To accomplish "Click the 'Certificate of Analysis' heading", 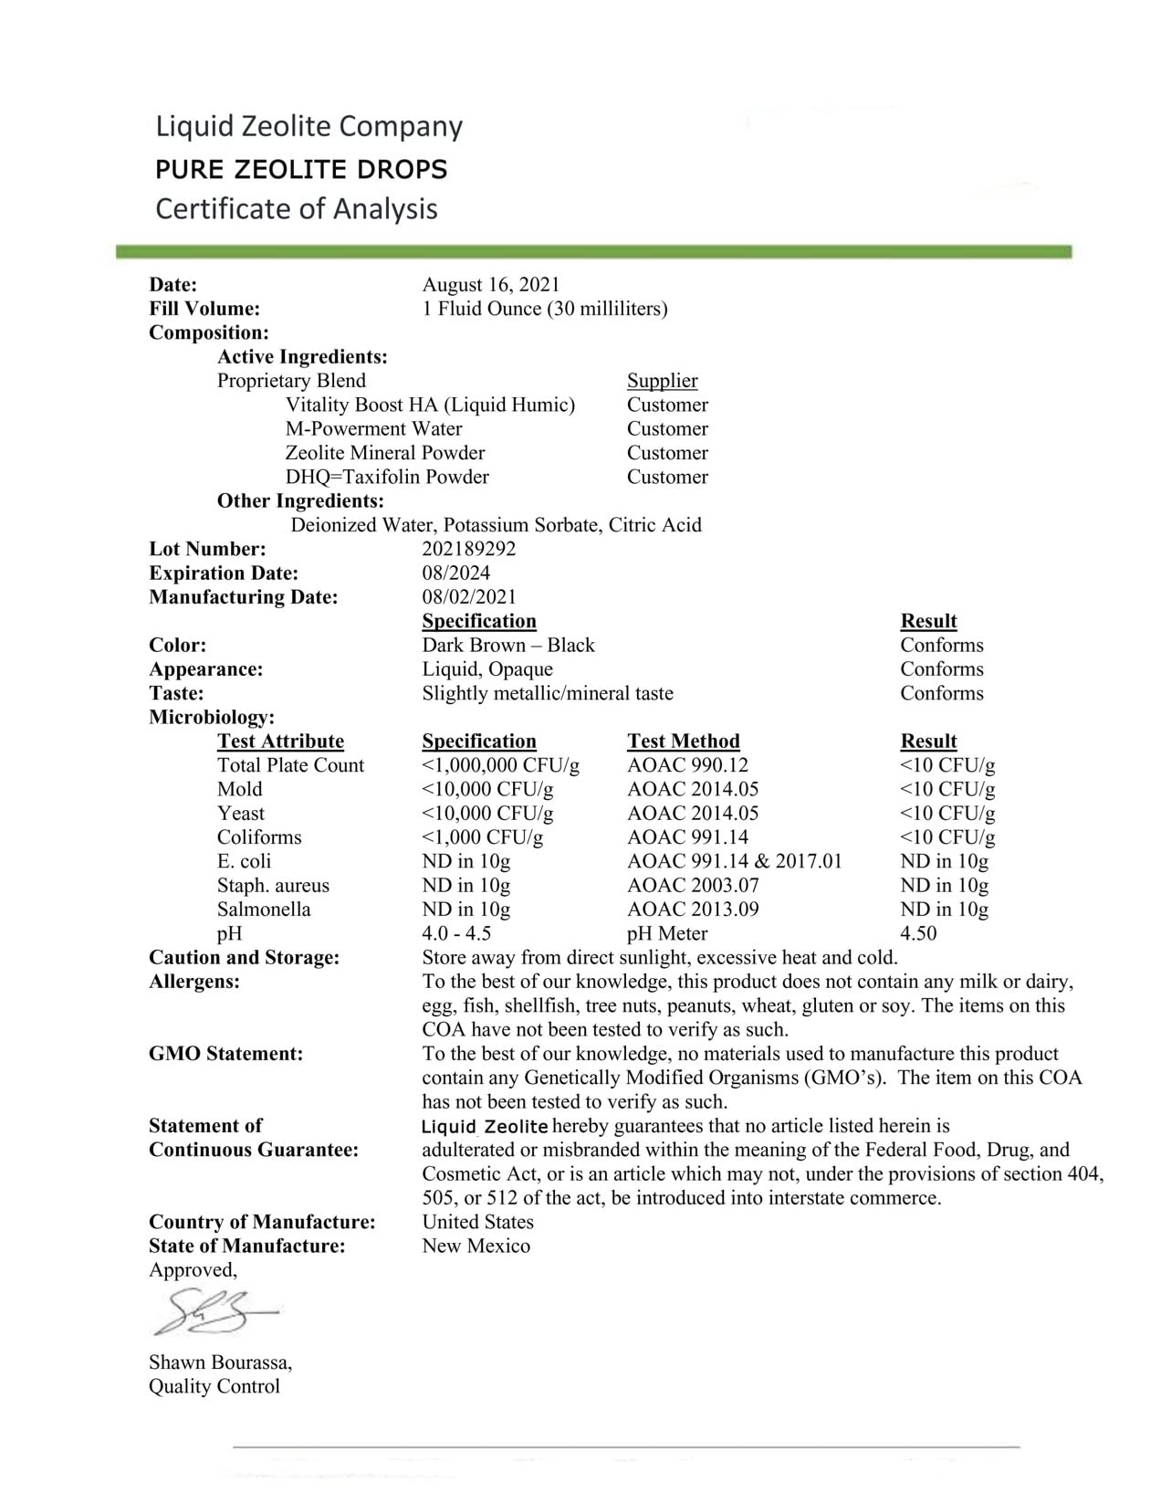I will pos(297,209).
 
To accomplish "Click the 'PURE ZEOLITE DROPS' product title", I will pos(301,170).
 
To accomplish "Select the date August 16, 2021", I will pos(490,285).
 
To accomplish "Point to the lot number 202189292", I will pos(468,549).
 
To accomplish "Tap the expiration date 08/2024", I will pos(455,573).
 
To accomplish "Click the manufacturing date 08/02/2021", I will pos(468,597).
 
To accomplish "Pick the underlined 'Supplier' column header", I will pos(662,381).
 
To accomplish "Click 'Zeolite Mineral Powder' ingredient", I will pos(384,453).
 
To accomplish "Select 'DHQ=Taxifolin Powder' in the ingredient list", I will pos(387,477).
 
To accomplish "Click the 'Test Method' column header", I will pos(683,741).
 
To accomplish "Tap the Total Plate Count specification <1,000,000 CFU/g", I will pos(500,765).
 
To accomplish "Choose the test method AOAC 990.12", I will pos(687,765).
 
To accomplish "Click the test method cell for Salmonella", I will pos(693,910).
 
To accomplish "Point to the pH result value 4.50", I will pos(917,933).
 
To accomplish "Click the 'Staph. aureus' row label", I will pos(273,886).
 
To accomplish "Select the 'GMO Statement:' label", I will pos(225,1054).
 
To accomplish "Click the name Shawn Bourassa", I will pos(220,1362).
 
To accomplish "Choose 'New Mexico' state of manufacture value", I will pos(476,1246).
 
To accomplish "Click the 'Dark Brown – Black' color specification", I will pos(507,646).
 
